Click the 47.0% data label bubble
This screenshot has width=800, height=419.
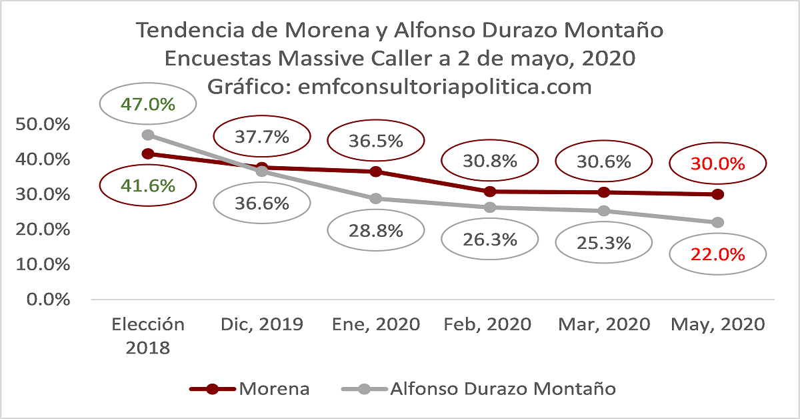coord(147,104)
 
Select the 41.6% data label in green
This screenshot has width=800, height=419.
coord(147,185)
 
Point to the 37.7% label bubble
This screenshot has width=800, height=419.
coord(262,137)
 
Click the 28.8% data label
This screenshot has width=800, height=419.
coord(375,231)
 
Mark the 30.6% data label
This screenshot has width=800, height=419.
coord(603,161)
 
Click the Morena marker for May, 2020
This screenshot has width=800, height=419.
coord(717,194)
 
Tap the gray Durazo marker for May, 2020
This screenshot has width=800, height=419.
coord(717,222)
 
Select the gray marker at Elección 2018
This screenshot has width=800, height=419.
coord(148,135)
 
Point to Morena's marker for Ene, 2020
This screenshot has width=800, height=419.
coord(375,171)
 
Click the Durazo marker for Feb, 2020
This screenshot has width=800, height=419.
coord(490,207)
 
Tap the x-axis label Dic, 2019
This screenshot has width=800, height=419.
coord(262,325)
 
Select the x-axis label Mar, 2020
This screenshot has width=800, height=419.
coord(603,325)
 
